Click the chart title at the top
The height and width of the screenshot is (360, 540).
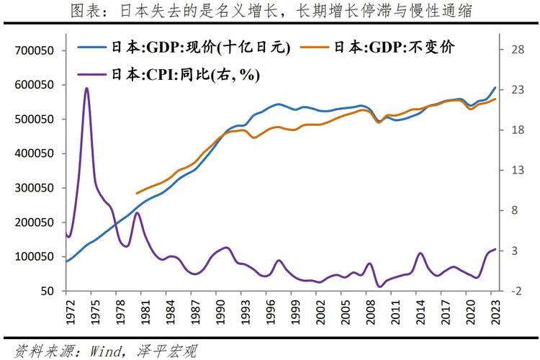pyautogui.click(x=270, y=12)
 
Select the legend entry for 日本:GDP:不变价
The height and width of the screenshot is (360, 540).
pyautogui.click(x=393, y=48)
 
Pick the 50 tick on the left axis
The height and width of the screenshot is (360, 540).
pyautogui.click(x=48, y=291)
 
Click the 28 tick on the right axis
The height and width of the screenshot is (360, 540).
pyautogui.click(x=516, y=50)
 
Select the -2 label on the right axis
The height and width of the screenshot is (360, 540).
pyautogui.click(x=516, y=291)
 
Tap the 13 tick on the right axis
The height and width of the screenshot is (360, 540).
pyautogui.click(x=516, y=171)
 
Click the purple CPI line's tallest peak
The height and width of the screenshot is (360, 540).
pyautogui.click(x=86, y=89)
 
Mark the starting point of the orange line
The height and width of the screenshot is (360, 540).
pyautogui.click(x=136, y=194)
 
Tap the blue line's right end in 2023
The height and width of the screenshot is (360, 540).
pyautogui.click(x=495, y=88)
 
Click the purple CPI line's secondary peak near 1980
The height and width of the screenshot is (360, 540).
pyautogui.click(x=136, y=213)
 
